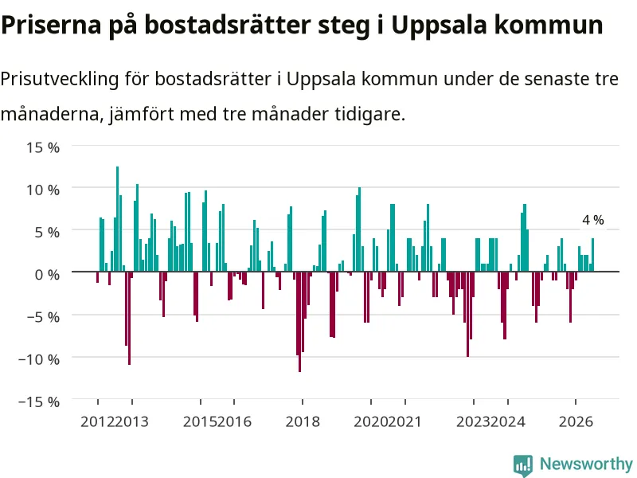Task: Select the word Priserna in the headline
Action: [51, 25]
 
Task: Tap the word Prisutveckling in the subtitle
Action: [60, 79]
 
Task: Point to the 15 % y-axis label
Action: [43, 147]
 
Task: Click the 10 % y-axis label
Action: [43, 190]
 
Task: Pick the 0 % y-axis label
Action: [47, 274]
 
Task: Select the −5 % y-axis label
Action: [43, 316]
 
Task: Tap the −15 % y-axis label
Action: [39, 402]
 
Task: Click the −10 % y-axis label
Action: [39, 359]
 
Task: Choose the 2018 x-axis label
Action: [303, 421]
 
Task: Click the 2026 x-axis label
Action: [576, 421]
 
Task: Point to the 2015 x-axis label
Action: [200, 421]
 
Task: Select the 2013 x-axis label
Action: [131, 421]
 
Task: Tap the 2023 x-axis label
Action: [473, 421]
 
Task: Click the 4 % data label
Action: [593, 220]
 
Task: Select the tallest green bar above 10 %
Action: [117, 219]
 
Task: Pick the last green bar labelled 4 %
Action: [592, 255]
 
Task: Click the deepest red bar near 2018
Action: [300, 322]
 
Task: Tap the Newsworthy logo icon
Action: [523, 465]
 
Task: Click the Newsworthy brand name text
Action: [586, 464]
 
